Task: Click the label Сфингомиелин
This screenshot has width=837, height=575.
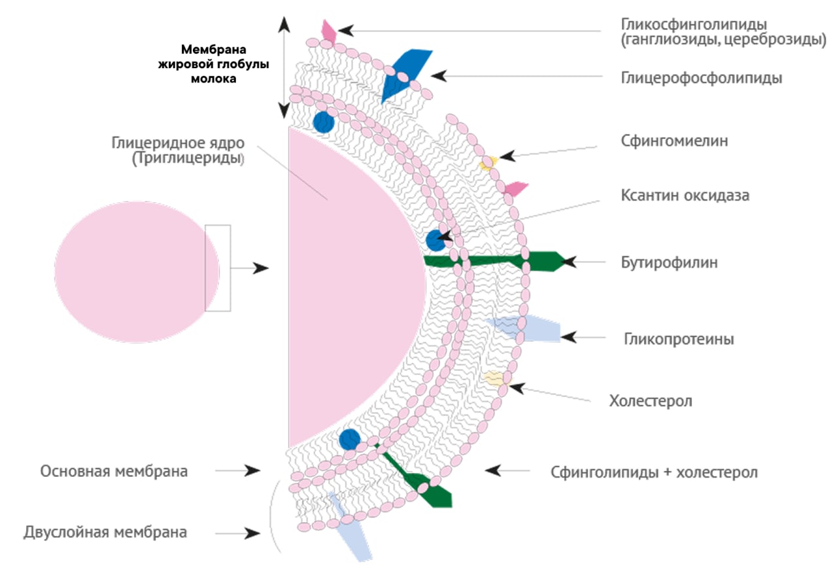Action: pyautogui.click(x=674, y=141)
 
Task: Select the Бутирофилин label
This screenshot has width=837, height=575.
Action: pyautogui.click(x=670, y=263)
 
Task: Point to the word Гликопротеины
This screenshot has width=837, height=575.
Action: pyautogui.click(x=679, y=340)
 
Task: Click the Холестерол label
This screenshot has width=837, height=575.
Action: pyautogui.click(x=650, y=400)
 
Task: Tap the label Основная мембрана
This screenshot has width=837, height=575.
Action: pyautogui.click(x=114, y=471)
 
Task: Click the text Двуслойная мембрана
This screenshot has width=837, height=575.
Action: pyautogui.click(x=105, y=532)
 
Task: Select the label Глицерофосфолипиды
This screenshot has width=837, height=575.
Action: pyautogui.click(x=702, y=78)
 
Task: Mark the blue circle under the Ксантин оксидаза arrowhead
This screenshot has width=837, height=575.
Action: pyautogui.click(x=435, y=240)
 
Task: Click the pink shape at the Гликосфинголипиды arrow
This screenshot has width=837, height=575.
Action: pyautogui.click(x=328, y=31)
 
